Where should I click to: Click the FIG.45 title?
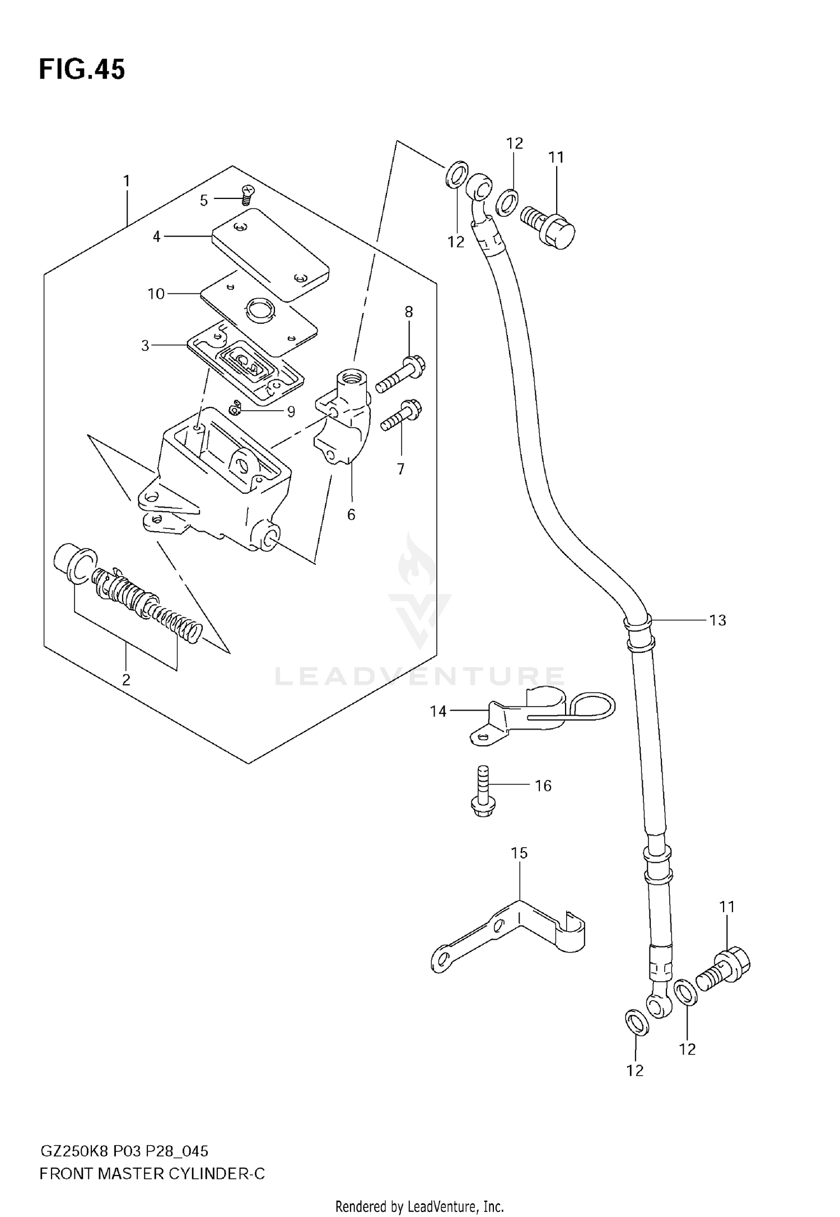click(82, 70)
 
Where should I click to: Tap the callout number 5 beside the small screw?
click(204, 200)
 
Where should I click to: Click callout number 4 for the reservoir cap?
click(157, 237)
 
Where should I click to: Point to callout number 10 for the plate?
click(156, 294)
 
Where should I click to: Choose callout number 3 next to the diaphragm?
click(146, 346)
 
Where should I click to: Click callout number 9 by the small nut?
click(291, 412)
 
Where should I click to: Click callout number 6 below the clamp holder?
click(351, 514)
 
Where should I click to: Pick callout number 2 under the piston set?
click(126, 680)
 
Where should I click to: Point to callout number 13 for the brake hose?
click(717, 620)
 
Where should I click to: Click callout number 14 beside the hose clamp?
click(438, 711)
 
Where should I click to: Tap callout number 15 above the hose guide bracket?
click(519, 853)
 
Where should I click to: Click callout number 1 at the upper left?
click(127, 181)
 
